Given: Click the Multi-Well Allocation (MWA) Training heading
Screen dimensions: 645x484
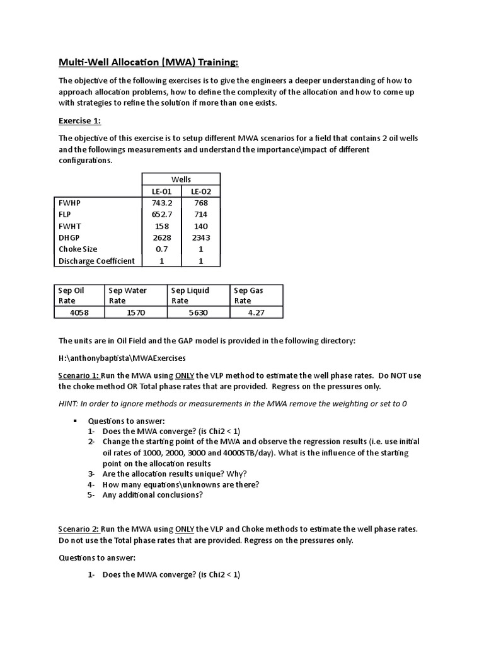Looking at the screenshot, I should [149, 62].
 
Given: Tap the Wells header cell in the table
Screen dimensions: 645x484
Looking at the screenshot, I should [181, 179].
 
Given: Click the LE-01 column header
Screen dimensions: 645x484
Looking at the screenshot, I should [161, 191].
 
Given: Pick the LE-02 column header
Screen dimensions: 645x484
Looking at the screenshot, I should [201, 191].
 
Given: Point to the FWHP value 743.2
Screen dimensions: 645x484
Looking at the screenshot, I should [161, 202].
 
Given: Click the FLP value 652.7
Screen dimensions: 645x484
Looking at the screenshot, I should [161, 214].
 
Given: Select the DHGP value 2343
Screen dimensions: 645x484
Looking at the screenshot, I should [201, 237].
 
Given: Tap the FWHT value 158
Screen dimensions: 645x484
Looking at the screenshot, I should [161, 225].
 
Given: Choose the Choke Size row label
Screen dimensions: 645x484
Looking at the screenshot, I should [78, 249].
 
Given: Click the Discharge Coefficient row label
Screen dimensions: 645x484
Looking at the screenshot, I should [96, 261].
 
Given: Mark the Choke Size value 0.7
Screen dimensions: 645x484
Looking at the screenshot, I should [161, 249].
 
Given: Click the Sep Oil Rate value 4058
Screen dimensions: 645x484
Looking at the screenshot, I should [80, 312].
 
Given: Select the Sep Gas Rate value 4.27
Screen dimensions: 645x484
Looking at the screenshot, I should [256, 312].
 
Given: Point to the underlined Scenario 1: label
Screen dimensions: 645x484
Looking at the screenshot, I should [79, 375].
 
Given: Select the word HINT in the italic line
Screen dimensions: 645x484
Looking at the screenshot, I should [70, 403].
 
